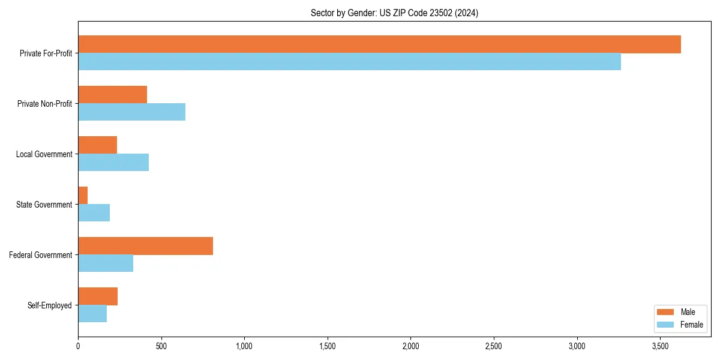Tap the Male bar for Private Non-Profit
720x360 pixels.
click(113, 95)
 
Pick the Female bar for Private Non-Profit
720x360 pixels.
click(132, 112)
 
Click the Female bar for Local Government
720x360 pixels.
click(113, 163)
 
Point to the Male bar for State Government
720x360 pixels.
click(83, 196)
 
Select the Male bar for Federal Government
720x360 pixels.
click(146, 246)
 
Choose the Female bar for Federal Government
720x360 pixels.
click(106, 263)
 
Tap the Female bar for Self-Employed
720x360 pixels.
click(92, 314)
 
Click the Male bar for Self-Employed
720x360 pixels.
click(98, 296)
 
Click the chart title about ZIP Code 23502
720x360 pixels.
click(394, 13)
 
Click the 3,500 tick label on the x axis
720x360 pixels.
click(660, 346)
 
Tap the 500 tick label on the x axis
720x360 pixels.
click(161, 346)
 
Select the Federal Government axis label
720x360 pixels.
click(41, 255)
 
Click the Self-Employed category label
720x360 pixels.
click(50, 305)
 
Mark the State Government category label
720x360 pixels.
click(44, 205)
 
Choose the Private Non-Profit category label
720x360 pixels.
click(44, 104)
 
